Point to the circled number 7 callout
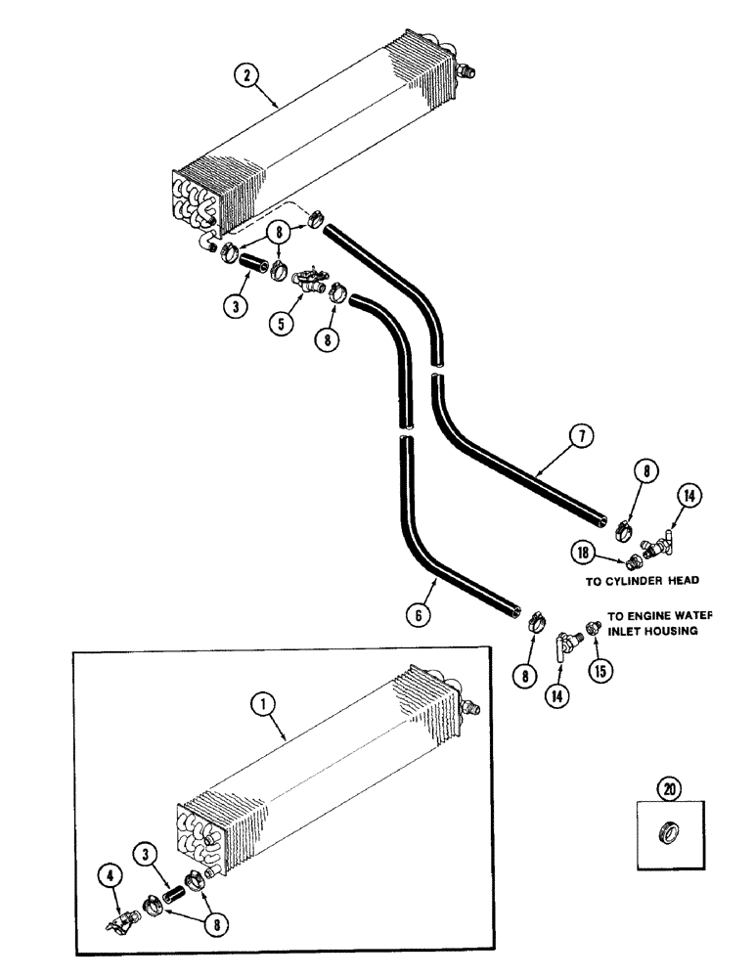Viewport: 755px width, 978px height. point(581,436)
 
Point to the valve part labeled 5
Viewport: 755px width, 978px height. point(312,280)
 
